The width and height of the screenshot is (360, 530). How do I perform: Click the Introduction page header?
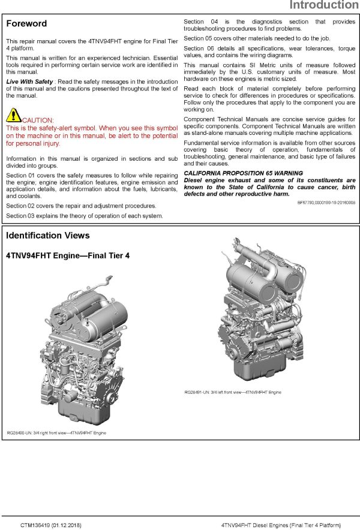(323, 6)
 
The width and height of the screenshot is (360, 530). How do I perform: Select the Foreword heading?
(26, 24)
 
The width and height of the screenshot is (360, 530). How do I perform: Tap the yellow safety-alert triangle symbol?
(13, 115)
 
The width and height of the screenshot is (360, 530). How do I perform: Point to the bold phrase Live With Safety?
(29, 81)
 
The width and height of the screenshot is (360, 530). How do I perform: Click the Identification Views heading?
(47, 236)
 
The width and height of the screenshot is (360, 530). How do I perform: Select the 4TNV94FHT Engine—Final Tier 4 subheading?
(67, 255)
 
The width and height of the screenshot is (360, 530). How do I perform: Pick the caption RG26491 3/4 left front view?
(233, 392)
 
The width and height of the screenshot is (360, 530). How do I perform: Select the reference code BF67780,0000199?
(326, 203)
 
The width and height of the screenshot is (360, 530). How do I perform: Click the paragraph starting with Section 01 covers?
(92, 185)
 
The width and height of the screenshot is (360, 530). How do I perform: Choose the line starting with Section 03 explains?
(84, 215)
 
